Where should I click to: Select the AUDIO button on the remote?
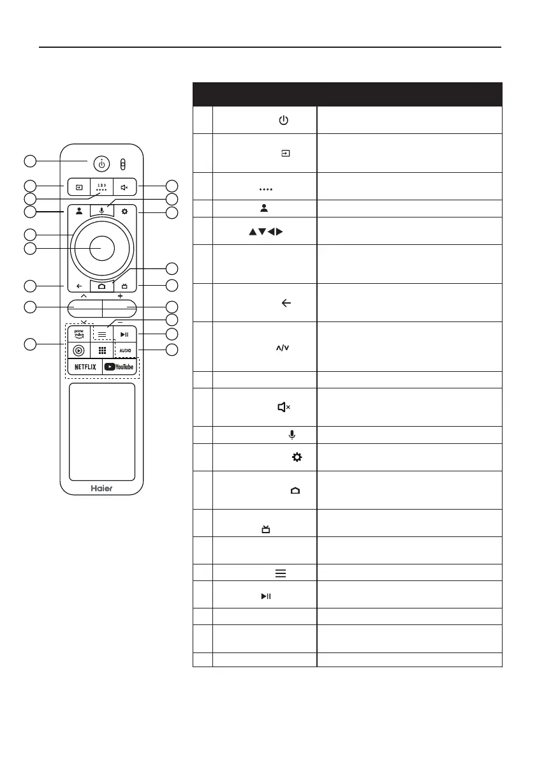point(126,351)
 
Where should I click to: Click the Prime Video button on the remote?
point(79,334)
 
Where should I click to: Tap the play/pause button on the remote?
point(126,334)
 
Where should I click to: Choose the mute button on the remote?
point(125,188)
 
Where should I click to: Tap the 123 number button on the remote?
point(101,188)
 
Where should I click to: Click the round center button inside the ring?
point(101,248)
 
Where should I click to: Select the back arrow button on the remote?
point(77,286)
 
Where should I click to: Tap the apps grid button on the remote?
point(101,351)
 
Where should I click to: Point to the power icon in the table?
point(284,121)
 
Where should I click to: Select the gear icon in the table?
point(295,457)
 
